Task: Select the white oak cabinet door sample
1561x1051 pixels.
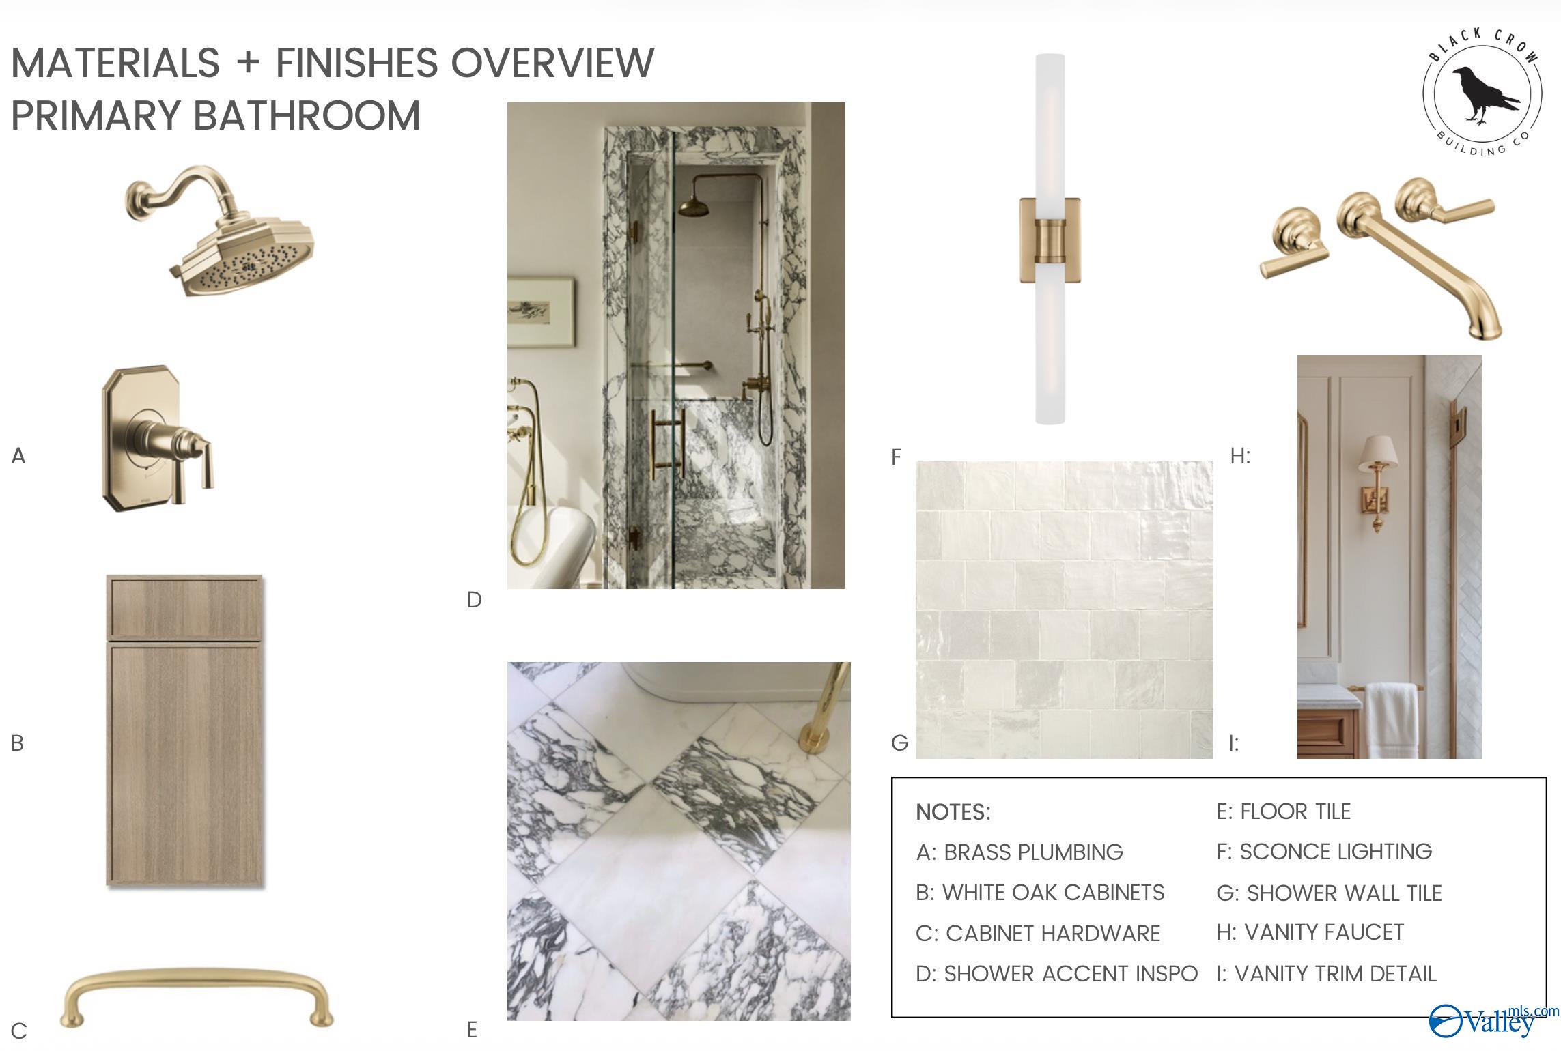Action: [x=184, y=731]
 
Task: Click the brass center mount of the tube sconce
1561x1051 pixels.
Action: [x=1050, y=241]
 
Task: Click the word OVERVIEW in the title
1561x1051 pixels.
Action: [x=552, y=63]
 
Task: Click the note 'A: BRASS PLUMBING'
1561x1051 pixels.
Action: [x=1019, y=852]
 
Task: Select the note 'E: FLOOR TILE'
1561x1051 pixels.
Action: [x=1284, y=811]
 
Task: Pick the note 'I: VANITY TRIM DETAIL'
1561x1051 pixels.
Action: [x=1327, y=974]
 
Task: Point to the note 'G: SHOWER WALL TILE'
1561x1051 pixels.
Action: [x=1329, y=893]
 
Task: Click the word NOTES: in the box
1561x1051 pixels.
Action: [x=953, y=812]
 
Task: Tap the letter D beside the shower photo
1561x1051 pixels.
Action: [x=475, y=600]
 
